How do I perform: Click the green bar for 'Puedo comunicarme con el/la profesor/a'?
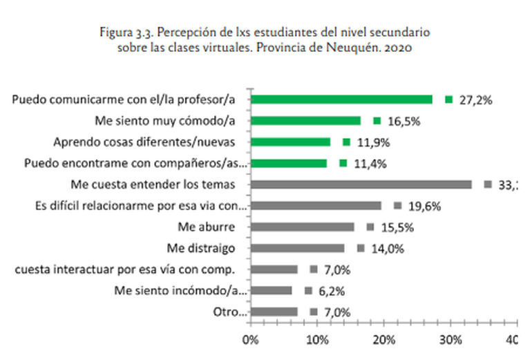point(341,100)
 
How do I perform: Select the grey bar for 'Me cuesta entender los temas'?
point(361,184)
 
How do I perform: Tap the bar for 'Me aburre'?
point(302,227)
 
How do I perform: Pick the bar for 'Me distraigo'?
point(297,248)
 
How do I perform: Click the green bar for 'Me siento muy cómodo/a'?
point(305,121)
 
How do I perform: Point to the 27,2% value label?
point(475,100)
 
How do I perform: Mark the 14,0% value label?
point(386,249)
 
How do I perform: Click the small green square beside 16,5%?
point(377,121)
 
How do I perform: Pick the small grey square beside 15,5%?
point(370,227)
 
